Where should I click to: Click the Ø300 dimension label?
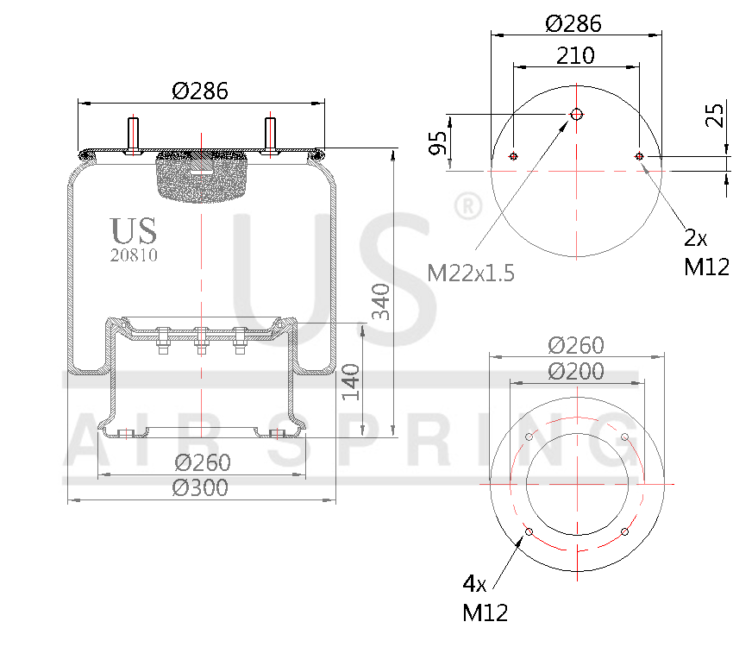(x=200, y=487)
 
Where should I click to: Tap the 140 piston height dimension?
(x=351, y=381)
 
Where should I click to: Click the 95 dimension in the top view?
(x=438, y=142)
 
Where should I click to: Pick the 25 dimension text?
(x=715, y=115)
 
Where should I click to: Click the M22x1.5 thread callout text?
(x=471, y=273)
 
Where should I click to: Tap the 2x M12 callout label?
(x=706, y=252)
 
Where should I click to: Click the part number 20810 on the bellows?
(x=134, y=255)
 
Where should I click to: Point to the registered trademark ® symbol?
(x=467, y=207)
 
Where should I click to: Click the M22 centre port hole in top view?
(x=576, y=114)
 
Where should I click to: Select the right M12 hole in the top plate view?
(x=639, y=156)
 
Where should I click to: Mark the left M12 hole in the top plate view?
(x=513, y=156)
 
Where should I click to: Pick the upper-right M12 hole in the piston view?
(x=623, y=437)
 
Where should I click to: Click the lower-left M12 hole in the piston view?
(x=529, y=531)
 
